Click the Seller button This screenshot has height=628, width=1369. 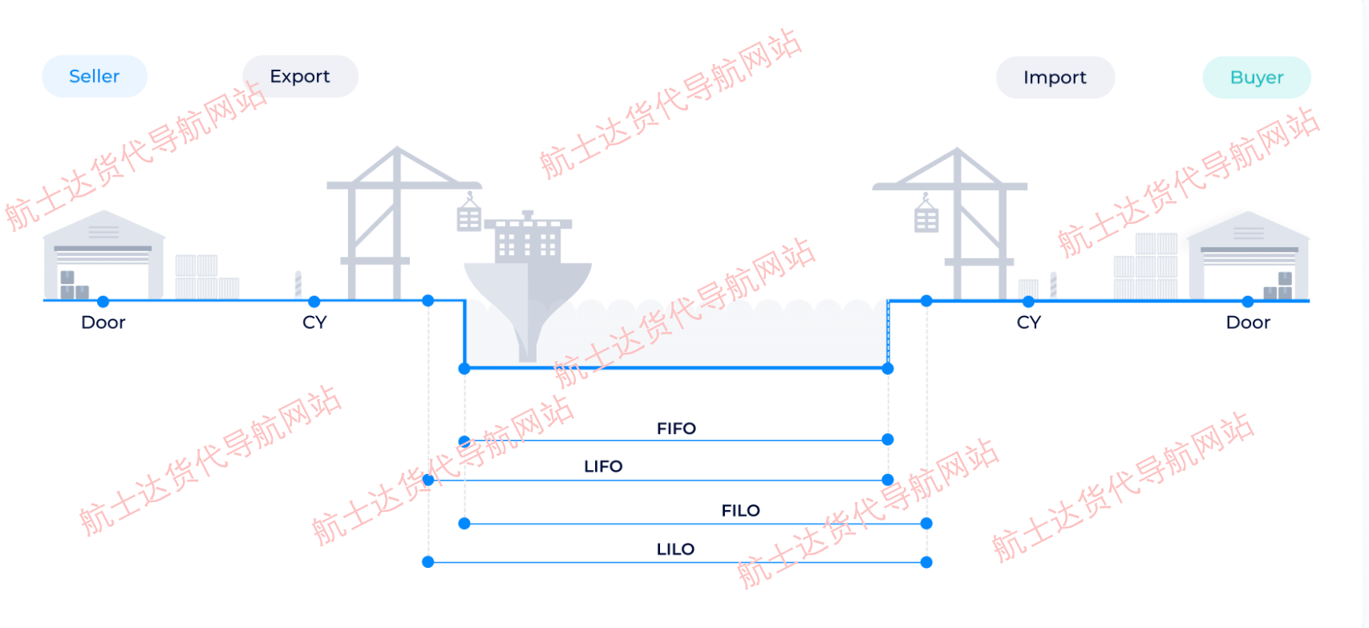click(94, 76)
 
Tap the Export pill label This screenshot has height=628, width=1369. click(300, 76)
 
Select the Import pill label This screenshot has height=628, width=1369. click(1055, 78)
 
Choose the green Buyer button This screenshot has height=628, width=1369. click(1257, 78)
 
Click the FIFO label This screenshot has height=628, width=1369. click(676, 428)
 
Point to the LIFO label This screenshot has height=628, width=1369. click(603, 466)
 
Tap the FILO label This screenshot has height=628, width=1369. click(740, 510)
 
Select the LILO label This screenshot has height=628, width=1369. click(675, 549)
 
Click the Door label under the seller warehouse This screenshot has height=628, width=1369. click(103, 322)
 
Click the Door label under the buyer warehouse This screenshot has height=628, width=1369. click(1248, 322)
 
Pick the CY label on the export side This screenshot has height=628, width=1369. click(314, 322)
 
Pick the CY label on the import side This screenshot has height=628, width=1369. click(1028, 322)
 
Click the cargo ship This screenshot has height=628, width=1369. click(528, 273)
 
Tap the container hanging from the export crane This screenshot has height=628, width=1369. click(469, 217)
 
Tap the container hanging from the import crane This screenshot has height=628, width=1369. click(926, 218)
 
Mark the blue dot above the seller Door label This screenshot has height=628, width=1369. click(103, 302)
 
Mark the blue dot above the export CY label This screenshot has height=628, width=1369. click(314, 302)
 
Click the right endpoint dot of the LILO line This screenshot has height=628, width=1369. click(926, 562)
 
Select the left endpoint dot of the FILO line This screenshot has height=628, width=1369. click(464, 524)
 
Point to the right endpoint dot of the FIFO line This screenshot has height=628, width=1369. click(887, 440)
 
